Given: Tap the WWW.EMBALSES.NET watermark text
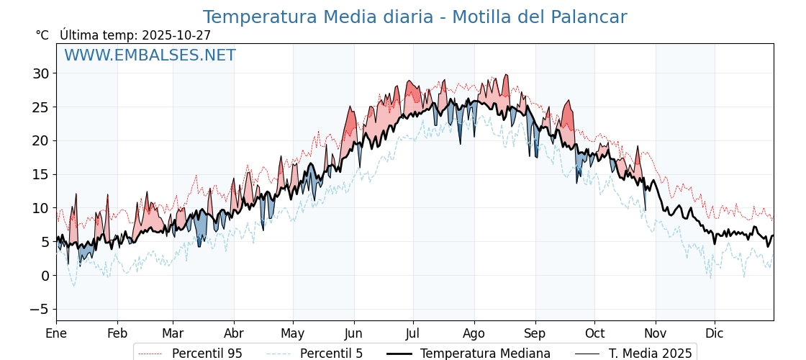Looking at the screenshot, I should (x=150, y=55).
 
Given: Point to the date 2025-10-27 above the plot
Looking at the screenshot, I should (x=176, y=35).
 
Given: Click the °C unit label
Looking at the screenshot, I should (x=42, y=35).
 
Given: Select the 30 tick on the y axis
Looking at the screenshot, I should (x=40, y=73).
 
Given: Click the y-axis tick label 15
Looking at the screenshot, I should (x=40, y=174).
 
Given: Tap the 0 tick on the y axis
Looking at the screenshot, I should (x=45, y=275).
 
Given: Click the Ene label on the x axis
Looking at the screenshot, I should (x=56, y=333).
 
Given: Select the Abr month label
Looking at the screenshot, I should (x=234, y=333).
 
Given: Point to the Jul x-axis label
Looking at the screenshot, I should (x=413, y=333).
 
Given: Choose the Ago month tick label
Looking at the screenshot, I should (x=474, y=333).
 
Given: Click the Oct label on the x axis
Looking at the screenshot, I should (x=594, y=333).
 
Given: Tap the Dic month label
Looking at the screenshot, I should (x=715, y=333).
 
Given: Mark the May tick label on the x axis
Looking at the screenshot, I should (x=293, y=333).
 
